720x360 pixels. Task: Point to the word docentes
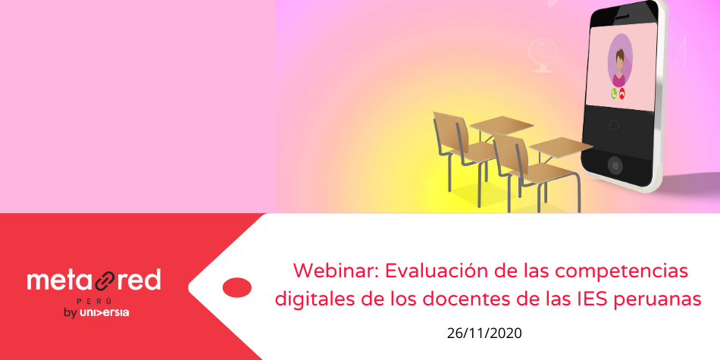click(x=465, y=300)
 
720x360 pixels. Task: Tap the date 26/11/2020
click(x=484, y=333)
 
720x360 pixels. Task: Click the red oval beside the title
click(x=237, y=287)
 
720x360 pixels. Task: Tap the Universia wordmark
click(x=105, y=313)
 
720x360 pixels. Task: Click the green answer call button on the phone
click(x=614, y=93)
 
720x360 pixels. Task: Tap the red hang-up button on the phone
click(x=621, y=94)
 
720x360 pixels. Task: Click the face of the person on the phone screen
click(x=620, y=60)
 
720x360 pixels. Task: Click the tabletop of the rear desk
click(x=502, y=125)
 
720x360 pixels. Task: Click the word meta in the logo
click(x=59, y=280)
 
